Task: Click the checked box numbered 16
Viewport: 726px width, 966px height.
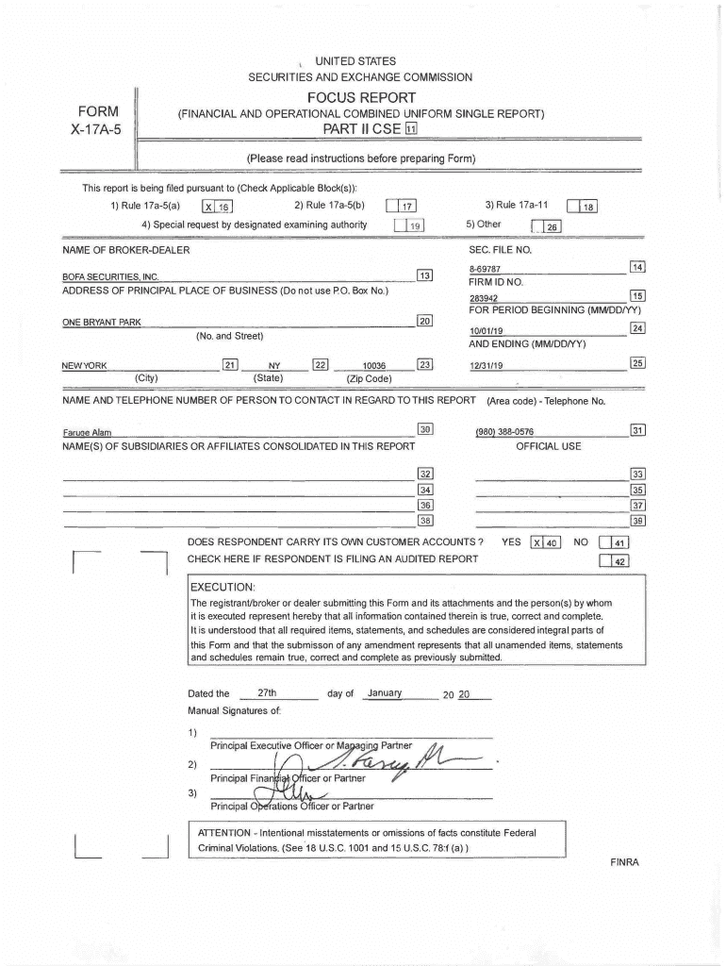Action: tap(217, 208)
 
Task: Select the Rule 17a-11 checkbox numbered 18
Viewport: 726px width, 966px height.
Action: tap(582, 208)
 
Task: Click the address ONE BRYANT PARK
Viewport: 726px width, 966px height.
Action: tap(102, 323)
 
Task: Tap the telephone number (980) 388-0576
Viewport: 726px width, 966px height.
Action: tap(505, 432)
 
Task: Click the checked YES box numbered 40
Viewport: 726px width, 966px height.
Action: tap(546, 542)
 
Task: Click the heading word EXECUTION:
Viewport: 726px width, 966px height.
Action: tap(223, 586)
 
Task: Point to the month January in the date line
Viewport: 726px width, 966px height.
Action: tap(385, 693)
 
